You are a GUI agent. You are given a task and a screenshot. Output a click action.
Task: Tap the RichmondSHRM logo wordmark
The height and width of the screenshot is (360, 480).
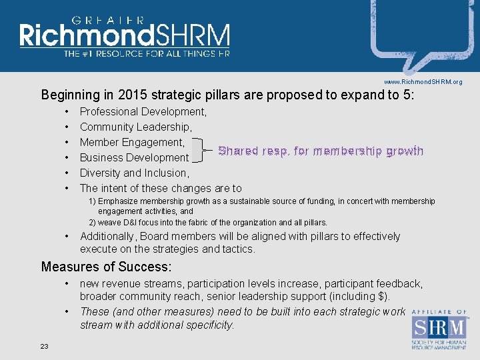pos(125,36)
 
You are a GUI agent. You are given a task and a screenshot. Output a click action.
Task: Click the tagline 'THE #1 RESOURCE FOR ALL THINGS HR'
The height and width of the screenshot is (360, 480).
pos(146,53)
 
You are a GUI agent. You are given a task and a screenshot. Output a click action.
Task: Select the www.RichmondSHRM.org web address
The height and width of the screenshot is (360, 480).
pos(423,81)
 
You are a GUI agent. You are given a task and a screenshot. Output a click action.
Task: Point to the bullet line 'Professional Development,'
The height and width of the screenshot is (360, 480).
pos(143,111)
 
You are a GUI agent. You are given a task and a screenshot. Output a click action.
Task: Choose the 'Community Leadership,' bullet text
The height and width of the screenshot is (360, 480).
pos(136,127)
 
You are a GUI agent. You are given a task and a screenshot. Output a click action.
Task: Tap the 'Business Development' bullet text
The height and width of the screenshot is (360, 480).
pos(134,157)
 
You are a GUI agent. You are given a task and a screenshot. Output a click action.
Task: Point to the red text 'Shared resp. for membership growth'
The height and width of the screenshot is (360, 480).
pos(321,151)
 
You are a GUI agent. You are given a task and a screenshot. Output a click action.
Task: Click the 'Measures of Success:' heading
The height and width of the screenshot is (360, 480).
pos(106,267)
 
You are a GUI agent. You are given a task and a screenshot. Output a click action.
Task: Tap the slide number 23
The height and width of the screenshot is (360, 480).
pos(45,345)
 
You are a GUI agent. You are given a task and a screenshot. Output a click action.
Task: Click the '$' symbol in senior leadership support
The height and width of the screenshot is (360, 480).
pos(381,296)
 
